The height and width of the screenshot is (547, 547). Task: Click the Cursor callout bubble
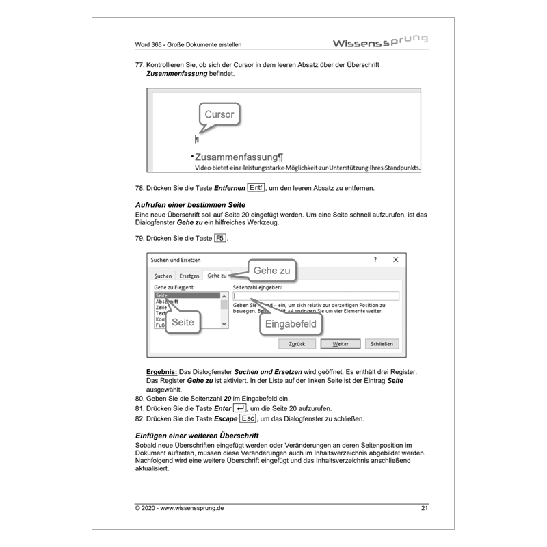coord(219,115)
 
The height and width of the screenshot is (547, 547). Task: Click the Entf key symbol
coord(256,188)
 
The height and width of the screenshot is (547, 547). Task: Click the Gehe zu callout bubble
coord(271,271)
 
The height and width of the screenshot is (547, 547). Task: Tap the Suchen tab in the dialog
coord(163,276)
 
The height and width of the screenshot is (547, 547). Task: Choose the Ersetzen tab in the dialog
coord(189,276)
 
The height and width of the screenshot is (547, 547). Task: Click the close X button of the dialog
coord(395,260)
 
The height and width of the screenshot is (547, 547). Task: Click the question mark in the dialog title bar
coord(375,260)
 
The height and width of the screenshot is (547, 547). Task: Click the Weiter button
coord(340,344)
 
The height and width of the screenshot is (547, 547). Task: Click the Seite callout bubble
coord(183,322)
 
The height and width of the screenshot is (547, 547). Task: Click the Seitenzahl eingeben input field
coord(315,296)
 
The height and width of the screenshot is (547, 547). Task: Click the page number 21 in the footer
coord(424,508)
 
